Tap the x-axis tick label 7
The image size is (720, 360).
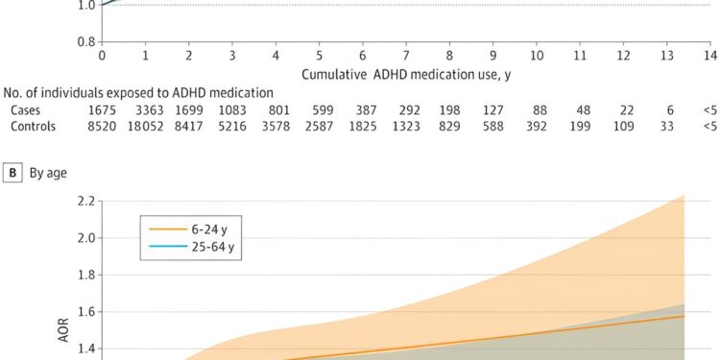(x=406, y=56)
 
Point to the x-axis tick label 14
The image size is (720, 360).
(x=709, y=56)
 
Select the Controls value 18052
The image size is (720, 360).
(x=144, y=126)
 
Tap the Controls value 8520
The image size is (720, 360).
(x=102, y=126)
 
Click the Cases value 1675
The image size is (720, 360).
(x=102, y=109)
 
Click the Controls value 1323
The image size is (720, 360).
(x=406, y=126)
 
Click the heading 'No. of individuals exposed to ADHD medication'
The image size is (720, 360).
(x=139, y=92)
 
